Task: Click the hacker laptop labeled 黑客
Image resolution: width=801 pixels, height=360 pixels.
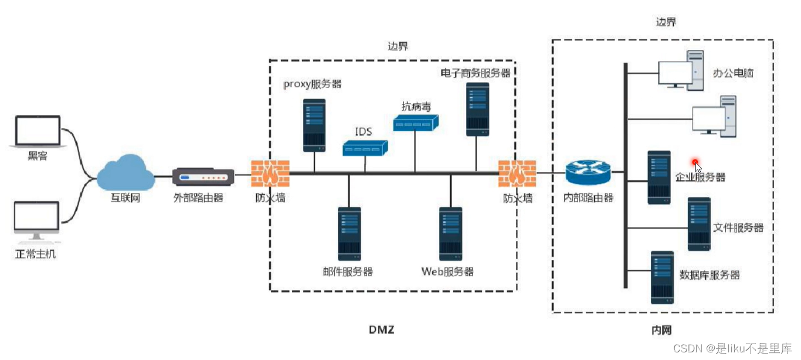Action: click(38, 131)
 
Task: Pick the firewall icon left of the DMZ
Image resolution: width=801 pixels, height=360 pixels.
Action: click(270, 174)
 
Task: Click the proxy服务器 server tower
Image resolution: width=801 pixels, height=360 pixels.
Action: click(314, 124)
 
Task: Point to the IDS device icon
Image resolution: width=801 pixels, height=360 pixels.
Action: click(365, 148)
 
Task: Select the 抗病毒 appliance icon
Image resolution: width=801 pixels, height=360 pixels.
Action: click(416, 122)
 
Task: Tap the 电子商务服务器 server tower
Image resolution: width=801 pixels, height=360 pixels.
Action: click(478, 109)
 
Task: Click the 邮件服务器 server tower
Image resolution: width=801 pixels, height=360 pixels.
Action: click(349, 233)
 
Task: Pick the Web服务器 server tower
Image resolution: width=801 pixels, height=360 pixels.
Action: click(450, 233)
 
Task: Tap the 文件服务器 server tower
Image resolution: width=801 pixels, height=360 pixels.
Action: click(699, 224)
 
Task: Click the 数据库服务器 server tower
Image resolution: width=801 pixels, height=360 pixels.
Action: click(662, 277)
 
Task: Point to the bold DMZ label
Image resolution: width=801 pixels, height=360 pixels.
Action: click(382, 330)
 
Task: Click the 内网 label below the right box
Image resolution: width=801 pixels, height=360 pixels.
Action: click(661, 330)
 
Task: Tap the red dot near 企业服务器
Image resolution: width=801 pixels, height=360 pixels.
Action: click(695, 162)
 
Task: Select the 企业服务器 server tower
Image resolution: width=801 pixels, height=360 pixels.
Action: click(659, 177)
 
